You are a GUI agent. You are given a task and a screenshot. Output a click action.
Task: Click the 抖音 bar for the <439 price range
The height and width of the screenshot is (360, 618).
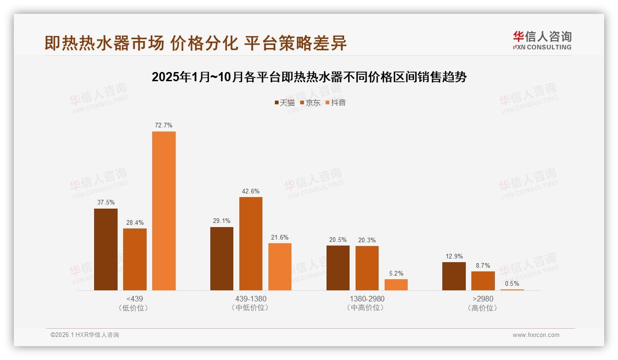coord(164,211)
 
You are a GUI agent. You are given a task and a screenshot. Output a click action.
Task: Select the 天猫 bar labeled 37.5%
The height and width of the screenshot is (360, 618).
coord(106,249)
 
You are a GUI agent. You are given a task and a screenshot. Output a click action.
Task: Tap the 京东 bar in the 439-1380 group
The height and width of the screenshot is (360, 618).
coord(250,244)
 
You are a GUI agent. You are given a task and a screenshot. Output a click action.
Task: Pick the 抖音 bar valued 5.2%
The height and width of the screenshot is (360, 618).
coord(396,285)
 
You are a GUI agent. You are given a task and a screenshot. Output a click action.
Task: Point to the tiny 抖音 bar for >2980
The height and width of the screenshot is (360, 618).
coord(512,289)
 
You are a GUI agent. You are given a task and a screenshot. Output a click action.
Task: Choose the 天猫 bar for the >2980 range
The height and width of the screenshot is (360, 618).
coord(454,276)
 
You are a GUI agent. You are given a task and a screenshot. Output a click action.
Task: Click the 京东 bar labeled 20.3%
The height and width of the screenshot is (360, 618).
coord(367,268)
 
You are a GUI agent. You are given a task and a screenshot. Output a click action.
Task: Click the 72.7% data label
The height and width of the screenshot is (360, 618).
coord(164,125)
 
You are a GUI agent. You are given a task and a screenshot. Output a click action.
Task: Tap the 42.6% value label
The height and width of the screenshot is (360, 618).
coord(250,191)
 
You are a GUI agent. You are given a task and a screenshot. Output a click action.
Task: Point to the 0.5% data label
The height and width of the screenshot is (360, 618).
coord(512,283)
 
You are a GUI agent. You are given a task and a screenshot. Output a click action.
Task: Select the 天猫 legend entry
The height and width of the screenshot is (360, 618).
coord(285,102)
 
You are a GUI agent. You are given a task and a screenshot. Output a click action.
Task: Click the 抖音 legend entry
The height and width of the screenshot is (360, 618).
coord(336,102)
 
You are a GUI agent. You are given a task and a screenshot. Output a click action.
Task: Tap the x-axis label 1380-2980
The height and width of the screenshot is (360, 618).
coord(367,299)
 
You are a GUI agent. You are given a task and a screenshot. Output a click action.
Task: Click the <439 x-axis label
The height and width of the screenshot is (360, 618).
coord(134,299)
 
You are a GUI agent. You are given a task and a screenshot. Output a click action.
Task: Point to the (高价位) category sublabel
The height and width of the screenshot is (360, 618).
coord(482,308)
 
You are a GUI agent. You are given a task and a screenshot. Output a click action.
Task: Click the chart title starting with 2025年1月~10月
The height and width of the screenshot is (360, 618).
coord(309,77)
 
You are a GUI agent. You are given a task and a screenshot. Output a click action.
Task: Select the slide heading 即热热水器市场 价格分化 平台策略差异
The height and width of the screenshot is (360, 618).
coord(196,43)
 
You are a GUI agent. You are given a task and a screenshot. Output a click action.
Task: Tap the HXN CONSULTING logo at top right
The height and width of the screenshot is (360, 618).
coord(542,41)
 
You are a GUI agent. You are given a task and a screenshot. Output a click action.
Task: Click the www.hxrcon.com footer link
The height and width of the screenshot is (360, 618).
coord(536,335)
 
